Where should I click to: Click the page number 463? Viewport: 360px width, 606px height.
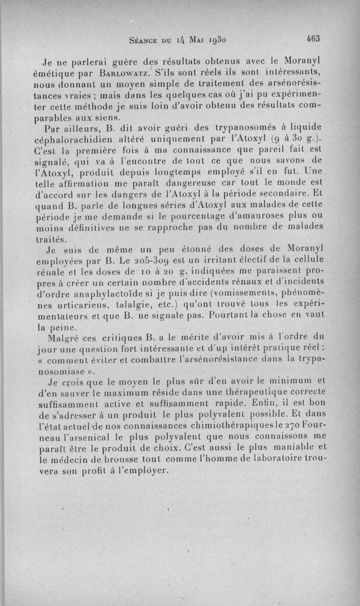[x=310, y=39]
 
